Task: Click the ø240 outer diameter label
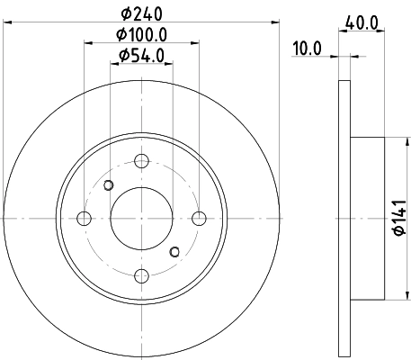tap(142, 14)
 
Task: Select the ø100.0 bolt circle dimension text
tap(142, 35)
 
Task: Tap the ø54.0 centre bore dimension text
tap(142, 57)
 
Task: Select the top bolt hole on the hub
tap(141, 161)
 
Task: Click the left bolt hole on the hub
tap(85, 218)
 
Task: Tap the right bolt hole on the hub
tap(199, 218)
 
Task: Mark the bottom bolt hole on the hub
tap(141, 274)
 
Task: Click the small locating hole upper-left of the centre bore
tap(109, 186)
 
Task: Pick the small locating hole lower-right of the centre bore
tap(174, 250)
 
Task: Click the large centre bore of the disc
tap(141, 218)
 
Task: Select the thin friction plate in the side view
tap(344, 218)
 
